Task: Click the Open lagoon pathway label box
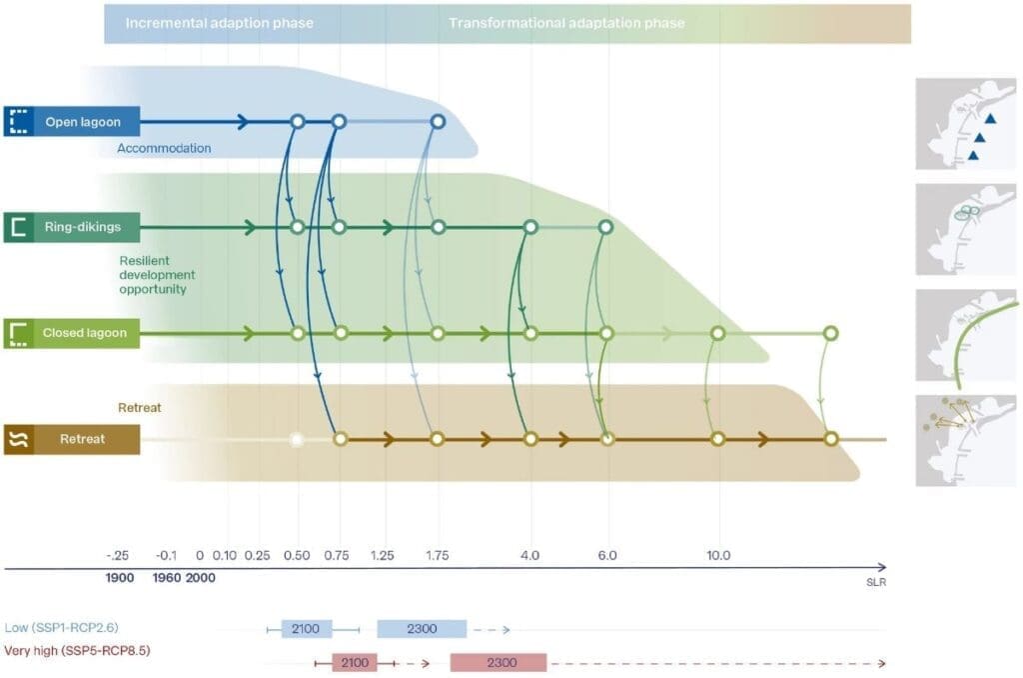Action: coord(71,122)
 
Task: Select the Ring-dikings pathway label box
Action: coord(71,227)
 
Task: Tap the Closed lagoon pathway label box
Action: coord(71,333)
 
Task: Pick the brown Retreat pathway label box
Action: coord(71,439)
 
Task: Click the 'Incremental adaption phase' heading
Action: coord(219,22)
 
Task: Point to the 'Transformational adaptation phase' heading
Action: coord(566,22)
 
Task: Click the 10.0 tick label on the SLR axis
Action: coord(717,555)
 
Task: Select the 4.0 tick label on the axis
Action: coord(530,555)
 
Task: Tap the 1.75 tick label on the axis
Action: coord(437,555)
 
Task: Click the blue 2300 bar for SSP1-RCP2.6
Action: coord(422,629)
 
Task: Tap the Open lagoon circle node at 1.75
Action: coord(437,122)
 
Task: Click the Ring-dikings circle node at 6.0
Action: coord(605,227)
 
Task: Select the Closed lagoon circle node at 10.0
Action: coord(717,333)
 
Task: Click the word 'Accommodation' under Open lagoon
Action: coord(164,148)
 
